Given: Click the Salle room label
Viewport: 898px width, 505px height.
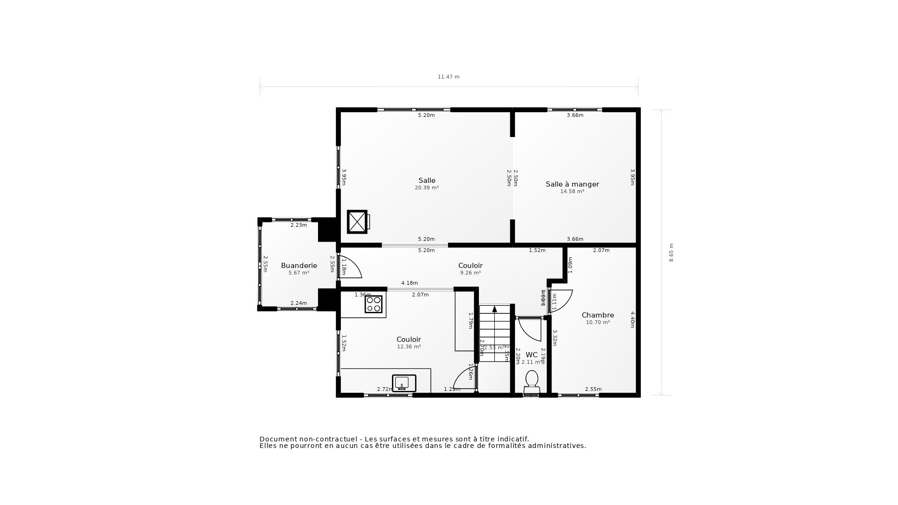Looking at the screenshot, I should point(427,180).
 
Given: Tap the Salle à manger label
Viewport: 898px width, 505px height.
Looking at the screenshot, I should point(572,184).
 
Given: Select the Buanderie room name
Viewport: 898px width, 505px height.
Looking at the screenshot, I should point(299,266).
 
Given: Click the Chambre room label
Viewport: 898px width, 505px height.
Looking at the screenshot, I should point(598,315).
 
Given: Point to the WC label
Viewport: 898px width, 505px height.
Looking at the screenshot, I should point(531,355).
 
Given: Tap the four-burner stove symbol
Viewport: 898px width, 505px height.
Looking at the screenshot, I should point(373,304).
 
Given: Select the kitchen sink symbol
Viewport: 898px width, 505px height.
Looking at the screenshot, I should point(404,383).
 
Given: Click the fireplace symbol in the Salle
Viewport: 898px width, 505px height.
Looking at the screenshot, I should point(357,222).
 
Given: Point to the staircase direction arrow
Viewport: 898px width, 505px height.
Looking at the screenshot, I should point(494,309).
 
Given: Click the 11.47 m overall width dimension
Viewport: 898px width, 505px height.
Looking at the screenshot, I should point(449,77).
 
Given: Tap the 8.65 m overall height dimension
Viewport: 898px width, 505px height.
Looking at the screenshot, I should point(671,252).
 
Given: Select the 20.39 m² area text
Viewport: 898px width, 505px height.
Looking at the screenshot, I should point(427,188).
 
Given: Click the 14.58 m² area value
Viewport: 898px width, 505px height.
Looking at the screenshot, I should point(572,192).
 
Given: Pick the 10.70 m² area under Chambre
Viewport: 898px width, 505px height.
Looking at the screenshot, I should point(598,323).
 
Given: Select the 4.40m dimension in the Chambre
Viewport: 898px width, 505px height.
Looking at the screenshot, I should point(632,319).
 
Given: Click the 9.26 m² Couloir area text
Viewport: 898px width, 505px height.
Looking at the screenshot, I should point(470,273).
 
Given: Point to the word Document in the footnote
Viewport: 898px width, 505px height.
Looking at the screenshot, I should point(278,439).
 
